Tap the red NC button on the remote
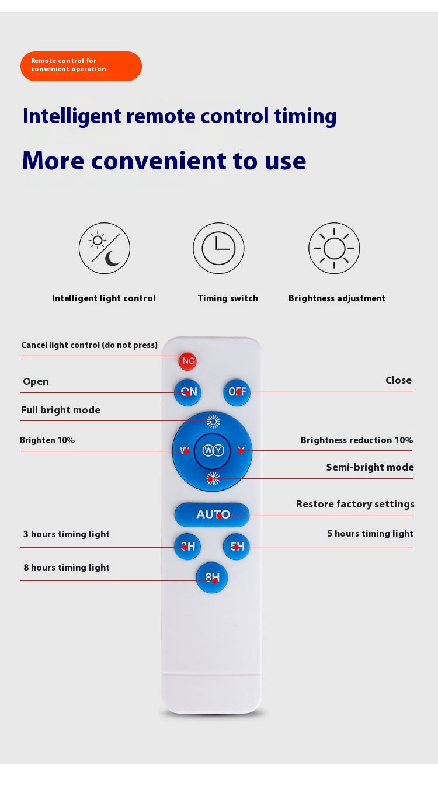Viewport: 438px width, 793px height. pos(187,361)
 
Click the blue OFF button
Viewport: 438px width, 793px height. pos(237,392)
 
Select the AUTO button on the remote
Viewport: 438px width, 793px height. pos(212,514)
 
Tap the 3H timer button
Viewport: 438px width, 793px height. pos(187,547)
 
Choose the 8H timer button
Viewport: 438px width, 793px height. pos(211,578)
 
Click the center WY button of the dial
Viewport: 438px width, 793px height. pos(213,451)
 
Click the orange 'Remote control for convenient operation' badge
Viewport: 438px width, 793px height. pos(81,66)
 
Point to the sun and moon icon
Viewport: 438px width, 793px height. pos(105,248)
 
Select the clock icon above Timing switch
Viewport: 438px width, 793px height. pos(218,248)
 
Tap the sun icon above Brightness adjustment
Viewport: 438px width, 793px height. pos(334,248)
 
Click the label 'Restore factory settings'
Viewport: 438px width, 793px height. pos(355,504)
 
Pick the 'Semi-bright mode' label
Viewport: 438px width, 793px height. pos(370,467)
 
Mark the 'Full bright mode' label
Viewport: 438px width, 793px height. pos(61,410)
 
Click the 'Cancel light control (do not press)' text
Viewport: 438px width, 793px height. pos(89,345)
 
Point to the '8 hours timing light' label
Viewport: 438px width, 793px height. pos(67,568)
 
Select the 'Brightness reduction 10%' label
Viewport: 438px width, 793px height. pos(357,440)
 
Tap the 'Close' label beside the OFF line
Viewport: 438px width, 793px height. pos(398,380)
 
